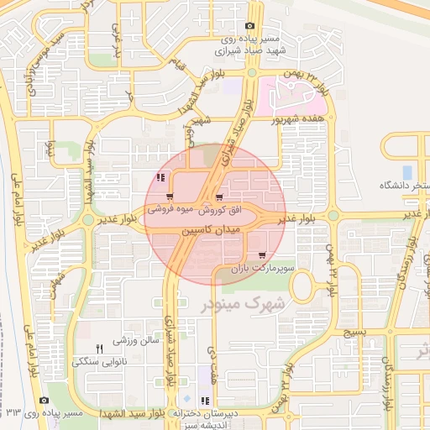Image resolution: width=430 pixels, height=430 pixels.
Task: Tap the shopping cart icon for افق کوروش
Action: point(220,198)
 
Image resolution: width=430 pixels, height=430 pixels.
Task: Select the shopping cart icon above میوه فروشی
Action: point(170,197)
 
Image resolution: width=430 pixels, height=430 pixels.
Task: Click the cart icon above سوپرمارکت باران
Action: point(263,255)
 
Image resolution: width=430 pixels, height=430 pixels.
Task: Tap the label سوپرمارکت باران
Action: point(261,269)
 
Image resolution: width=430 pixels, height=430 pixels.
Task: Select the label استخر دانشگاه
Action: point(405,185)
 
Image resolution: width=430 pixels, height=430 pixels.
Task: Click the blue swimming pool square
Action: point(407,171)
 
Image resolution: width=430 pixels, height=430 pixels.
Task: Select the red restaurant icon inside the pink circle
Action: point(160,177)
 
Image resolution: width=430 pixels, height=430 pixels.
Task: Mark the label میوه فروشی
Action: point(172,207)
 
